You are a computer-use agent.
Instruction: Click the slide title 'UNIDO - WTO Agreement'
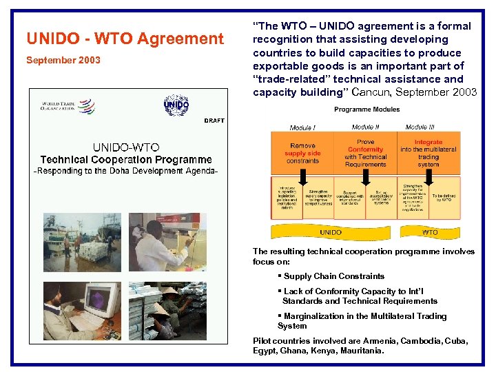(x=125, y=39)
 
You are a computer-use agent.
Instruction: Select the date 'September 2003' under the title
(x=63, y=60)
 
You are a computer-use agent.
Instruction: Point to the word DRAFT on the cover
(x=214, y=121)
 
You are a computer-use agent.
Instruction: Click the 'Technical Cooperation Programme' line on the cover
(x=126, y=159)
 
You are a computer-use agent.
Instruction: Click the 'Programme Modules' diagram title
(x=366, y=110)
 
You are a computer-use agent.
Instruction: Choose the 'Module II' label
(x=365, y=127)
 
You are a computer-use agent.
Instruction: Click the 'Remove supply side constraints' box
(x=302, y=153)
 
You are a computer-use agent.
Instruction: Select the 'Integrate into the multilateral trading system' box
(x=428, y=153)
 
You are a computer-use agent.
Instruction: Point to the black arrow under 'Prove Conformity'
(x=364, y=183)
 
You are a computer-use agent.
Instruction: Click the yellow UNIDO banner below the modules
(x=331, y=232)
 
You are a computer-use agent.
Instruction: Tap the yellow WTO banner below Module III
(x=429, y=232)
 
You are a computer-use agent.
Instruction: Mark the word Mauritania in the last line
(x=360, y=351)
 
